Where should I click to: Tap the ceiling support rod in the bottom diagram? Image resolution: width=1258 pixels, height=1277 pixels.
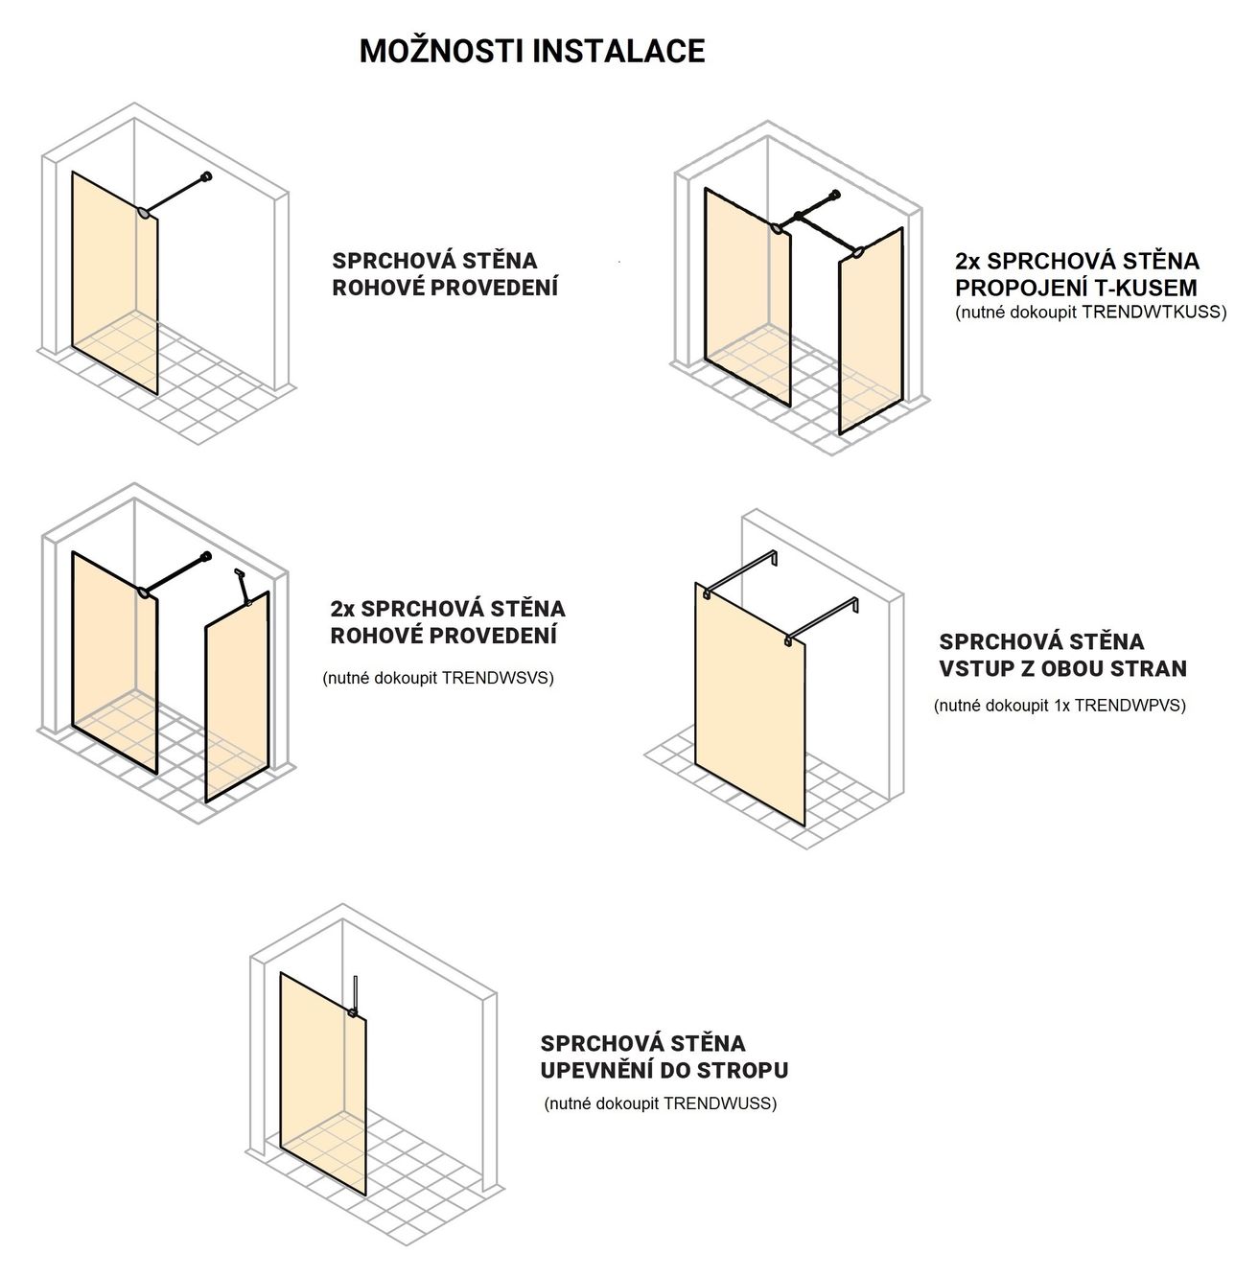pos(356,994)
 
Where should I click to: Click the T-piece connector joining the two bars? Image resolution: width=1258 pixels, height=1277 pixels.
pos(799,217)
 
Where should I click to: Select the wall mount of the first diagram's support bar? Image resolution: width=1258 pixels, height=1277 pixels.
pos(207,176)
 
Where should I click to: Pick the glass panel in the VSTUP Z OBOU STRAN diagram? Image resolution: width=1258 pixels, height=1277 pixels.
pos(750,704)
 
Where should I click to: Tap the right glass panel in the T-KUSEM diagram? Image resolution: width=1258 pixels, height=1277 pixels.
pos(871,332)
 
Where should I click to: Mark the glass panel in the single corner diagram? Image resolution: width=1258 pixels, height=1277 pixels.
pos(115,282)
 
